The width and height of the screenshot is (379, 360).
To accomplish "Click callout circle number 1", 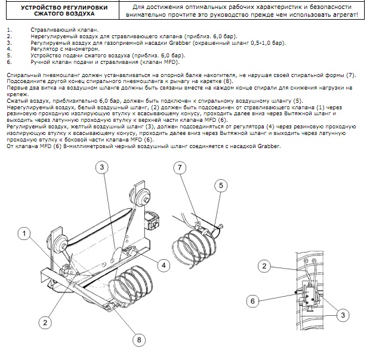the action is pyautogui.click(x=24, y=233).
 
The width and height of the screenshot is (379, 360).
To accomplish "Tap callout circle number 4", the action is pyautogui.click(x=164, y=265).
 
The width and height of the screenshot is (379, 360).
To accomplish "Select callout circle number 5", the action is pyautogui.click(x=221, y=186).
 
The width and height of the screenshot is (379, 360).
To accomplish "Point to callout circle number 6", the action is pyautogui.click(x=253, y=301).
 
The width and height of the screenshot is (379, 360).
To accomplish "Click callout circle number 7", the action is pyautogui.click(x=180, y=168).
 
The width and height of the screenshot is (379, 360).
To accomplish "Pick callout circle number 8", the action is pyautogui.click(x=139, y=340).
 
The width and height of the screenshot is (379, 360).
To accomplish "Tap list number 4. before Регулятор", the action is pyautogui.click(x=9, y=49).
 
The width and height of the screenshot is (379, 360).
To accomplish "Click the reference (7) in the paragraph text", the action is pyautogui.click(x=351, y=75).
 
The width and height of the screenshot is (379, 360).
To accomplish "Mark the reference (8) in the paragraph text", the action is pyautogui.click(x=227, y=81).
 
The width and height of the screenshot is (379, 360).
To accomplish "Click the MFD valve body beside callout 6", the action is pyautogui.click(x=310, y=295).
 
